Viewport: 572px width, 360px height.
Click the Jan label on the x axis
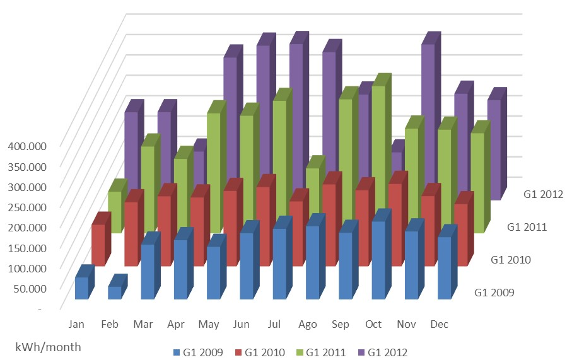(x=76, y=324)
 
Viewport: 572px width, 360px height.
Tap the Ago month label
(x=307, y=324)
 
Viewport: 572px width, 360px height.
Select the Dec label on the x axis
(x=439, y=324)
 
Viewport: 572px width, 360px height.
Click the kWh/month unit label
(x=49, y=347)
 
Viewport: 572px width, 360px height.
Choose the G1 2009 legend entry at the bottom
(x=197, y=352)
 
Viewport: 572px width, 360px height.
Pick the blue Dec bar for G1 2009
(x=444, y=267)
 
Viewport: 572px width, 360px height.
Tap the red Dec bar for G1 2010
(x=460, y=234)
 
